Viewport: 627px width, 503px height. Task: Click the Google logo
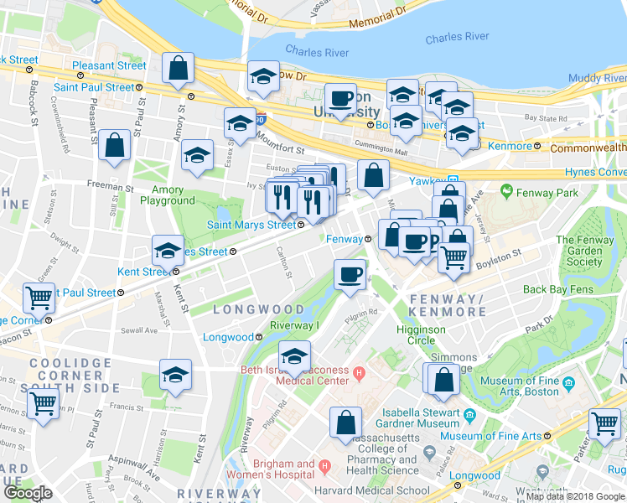28,493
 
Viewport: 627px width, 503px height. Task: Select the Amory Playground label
168,195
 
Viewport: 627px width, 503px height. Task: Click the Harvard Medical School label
360,491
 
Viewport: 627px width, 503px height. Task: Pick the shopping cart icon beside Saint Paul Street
39,297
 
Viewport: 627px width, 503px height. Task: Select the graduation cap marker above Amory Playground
198,156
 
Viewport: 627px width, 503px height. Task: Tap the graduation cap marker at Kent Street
168,251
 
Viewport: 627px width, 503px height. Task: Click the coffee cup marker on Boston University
341,99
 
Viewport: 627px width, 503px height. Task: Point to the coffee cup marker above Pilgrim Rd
350,273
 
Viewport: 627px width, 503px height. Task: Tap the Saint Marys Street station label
251,224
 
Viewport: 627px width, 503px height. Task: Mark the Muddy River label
597,78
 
